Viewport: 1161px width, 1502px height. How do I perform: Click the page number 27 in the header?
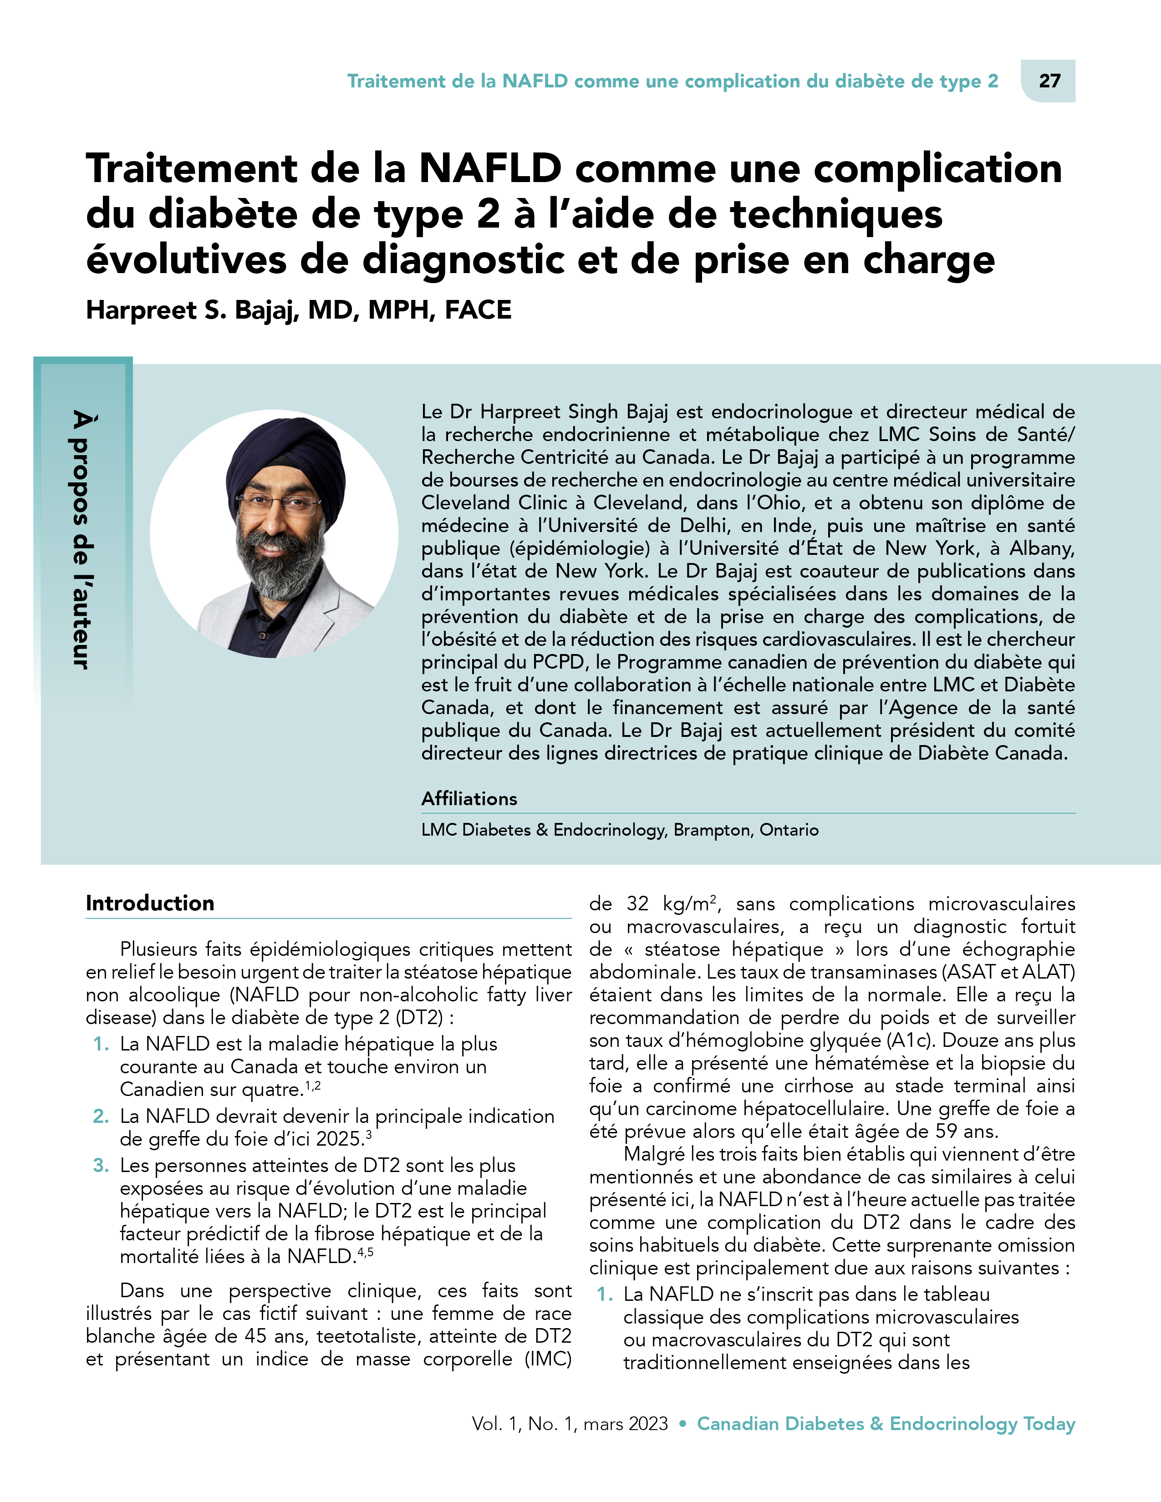[1049, 81]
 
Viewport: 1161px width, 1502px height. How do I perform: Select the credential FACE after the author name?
[478, 310]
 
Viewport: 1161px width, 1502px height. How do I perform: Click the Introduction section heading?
[150, 903]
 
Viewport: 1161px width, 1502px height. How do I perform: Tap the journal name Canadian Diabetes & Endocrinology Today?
[886, 1424]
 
